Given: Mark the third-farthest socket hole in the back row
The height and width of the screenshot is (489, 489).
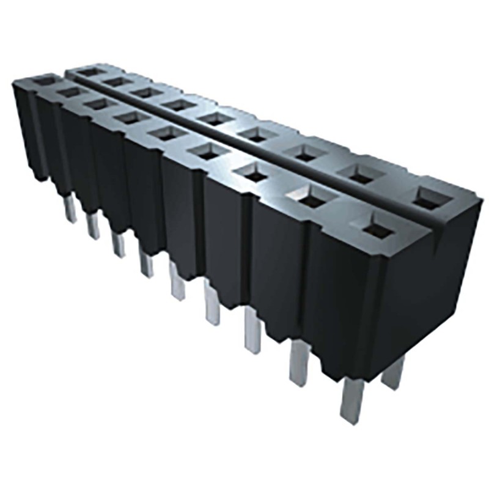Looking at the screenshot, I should coord(144,92).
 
